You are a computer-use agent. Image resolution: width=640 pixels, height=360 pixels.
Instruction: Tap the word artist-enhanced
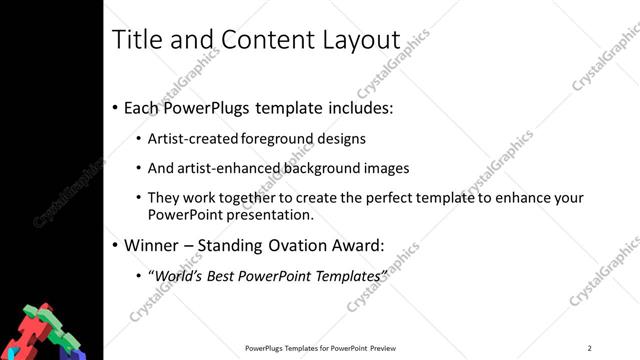pyautogui.click(x=221, y=168)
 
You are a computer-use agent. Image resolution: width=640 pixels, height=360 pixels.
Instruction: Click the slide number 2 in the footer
pyautogui.click(x=589, y=348)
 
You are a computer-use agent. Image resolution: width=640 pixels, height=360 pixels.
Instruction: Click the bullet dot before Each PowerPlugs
pyautogui.click(x=115, y=108)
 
